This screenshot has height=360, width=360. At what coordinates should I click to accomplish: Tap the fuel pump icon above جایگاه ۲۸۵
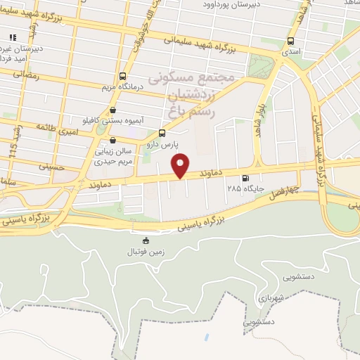click(x=245, y=179)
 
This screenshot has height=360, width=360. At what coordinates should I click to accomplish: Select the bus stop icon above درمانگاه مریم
click(x=123, y=76)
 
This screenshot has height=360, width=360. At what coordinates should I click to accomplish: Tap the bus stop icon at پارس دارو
click(x=162, y=132)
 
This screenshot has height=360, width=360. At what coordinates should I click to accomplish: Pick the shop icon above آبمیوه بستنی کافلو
click(x=113, y=110)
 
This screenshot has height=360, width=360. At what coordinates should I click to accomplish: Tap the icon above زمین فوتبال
click(x=146, y=240)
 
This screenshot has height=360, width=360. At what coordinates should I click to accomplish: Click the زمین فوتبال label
click(x=145, y=251)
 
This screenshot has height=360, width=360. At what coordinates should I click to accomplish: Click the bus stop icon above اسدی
click(x=291, y=41)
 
